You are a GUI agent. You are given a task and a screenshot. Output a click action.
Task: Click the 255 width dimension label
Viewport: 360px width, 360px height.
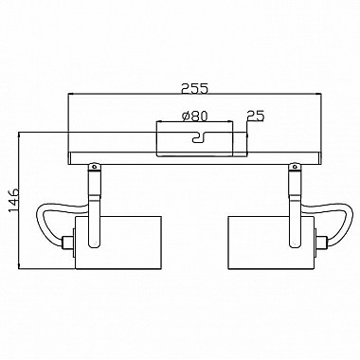pos(195,88)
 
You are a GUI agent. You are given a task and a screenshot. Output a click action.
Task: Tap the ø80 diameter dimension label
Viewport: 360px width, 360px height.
pos(195,116)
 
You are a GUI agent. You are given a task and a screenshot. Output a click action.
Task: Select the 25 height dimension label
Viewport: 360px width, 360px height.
pos(255,116)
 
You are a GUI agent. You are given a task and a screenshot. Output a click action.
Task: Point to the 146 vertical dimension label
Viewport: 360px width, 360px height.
pos(14,201)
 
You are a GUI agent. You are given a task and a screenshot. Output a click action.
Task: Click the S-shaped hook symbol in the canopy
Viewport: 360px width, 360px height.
pos(199,137)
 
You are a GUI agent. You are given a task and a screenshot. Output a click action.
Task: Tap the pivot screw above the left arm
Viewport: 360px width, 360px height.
pos(94,166)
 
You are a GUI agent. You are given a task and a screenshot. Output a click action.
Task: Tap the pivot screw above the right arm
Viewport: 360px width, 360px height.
pos(295,166)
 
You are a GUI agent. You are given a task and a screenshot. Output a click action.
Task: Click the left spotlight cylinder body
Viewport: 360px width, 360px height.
pos(118,243)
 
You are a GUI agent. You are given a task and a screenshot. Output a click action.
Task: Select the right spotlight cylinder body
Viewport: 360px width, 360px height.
pos(271,243)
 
